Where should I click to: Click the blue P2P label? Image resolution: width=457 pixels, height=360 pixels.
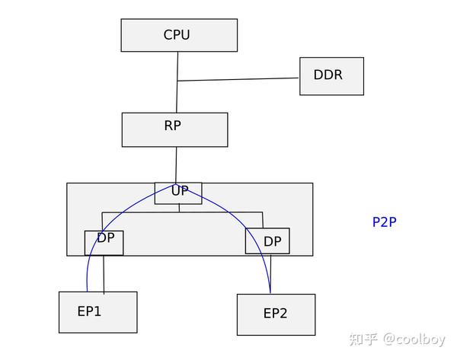coord(384,222)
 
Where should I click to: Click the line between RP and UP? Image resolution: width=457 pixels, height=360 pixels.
coord(176,164)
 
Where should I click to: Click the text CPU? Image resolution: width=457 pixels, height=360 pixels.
coord(177,34)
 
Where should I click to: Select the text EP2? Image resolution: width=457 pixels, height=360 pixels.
coord(275,313)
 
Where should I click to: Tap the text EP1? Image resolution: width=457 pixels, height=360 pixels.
coord(89,311)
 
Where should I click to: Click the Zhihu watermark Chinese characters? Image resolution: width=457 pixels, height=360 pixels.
coord(363,339)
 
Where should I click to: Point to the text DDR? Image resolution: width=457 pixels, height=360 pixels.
coord(328,75)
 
